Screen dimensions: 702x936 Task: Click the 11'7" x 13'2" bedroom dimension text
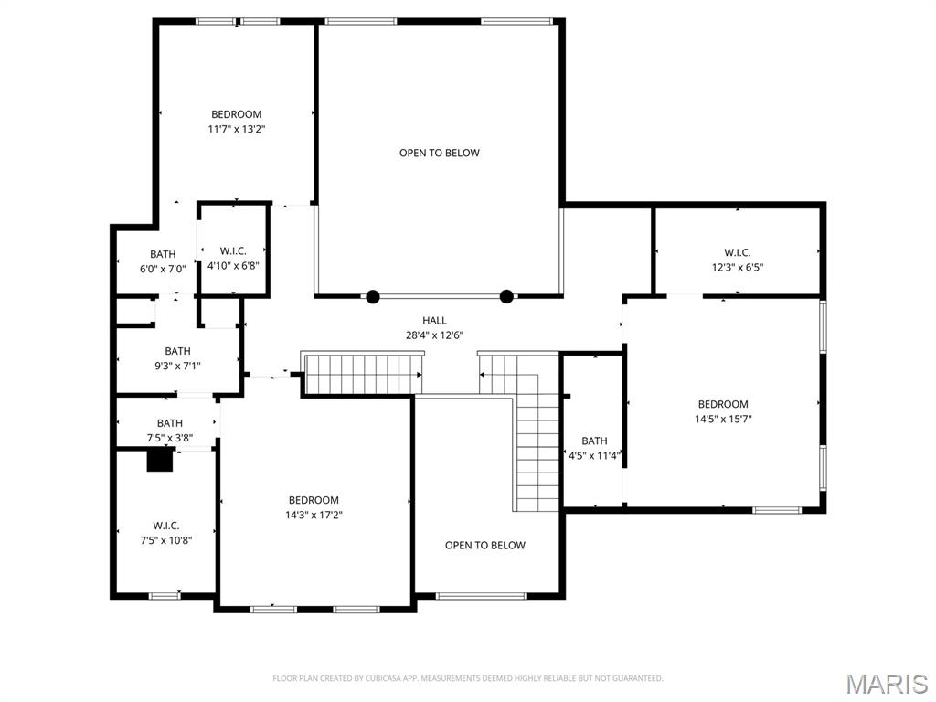click(236, 130)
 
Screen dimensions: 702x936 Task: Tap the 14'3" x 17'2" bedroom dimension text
click(314, 516)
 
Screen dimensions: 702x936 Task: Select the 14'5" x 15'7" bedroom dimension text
click(723, 420)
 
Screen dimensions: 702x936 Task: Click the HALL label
click(434, 320)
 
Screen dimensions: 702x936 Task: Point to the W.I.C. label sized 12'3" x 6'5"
click(737, 252)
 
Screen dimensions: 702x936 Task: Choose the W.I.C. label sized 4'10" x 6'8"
click(233, 250)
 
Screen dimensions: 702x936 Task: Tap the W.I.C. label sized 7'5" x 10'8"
click(165, 526)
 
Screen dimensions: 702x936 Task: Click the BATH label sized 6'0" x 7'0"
click(163, 254)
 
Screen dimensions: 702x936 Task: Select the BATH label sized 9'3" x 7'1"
click(177, 351)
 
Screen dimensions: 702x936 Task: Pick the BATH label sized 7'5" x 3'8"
click(169, 423)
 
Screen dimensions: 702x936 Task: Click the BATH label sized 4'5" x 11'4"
click(594, 441)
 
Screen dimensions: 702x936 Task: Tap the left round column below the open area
click(373, 296)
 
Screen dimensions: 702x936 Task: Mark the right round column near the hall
click(506, 296)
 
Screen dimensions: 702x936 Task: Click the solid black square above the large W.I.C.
click(160, 461)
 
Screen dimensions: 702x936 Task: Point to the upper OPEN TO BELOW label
click(439, 153)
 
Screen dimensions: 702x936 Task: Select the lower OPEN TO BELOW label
click(484, 546)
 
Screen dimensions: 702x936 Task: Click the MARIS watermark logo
click(887, 684)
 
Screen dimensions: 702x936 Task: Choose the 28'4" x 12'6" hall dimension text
click(434, 335)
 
